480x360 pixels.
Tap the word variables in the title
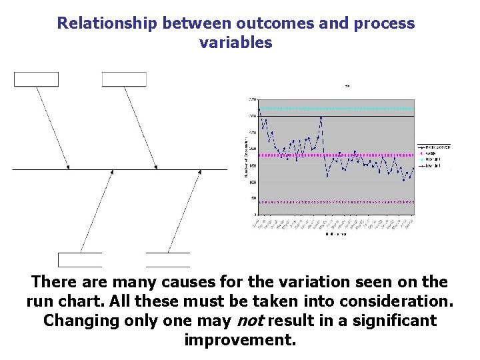[x=235, y=43]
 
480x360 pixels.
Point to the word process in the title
[x=384, y=23]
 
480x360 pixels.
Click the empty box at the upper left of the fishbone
[x=37, y=79]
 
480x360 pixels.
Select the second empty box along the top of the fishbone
[x=124, y=79]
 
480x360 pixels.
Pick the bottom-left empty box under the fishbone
[x=80, y=259]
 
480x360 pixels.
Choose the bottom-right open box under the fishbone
[x=167, y=259]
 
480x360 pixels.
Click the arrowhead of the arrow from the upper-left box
[x=68, y=167]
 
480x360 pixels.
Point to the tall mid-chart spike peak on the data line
[x=321, y=117]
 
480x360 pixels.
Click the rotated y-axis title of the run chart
[x=243, y=157]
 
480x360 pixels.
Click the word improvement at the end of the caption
[x=239, y=340]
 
